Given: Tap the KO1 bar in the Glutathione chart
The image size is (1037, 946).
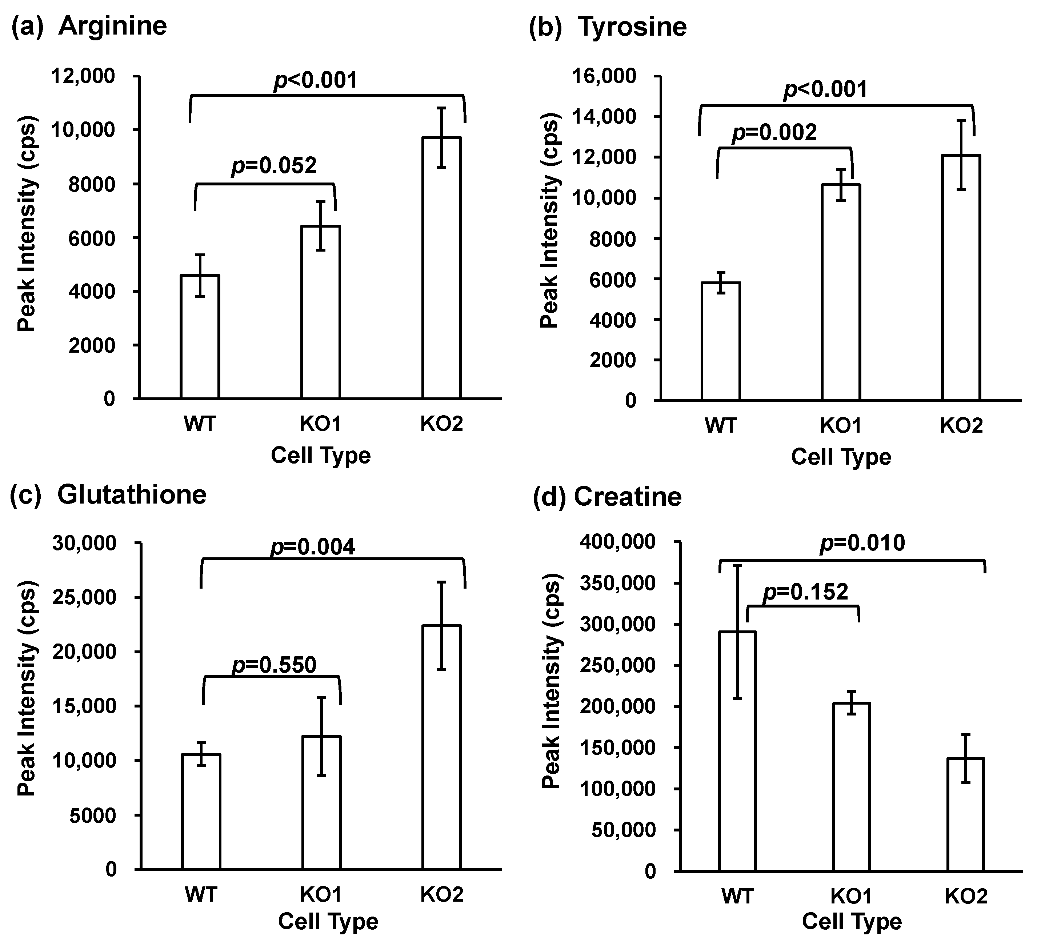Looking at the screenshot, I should point(321,802).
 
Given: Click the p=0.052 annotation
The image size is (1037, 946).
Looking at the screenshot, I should point(274,166).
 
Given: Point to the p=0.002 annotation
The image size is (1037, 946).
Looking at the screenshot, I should point(774,133).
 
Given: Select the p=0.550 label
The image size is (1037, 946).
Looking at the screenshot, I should point(274,665).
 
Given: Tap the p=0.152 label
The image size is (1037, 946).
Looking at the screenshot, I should point(805,592).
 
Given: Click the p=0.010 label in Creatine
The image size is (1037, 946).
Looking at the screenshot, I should point(862,543).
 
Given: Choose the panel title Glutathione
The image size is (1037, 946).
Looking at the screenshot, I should point(132,495).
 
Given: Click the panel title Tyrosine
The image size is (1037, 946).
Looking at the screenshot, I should point(632,27).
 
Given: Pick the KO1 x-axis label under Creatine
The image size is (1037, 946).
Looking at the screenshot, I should point(851,895).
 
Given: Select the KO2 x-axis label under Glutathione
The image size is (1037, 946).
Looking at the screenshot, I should point(442,894).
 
